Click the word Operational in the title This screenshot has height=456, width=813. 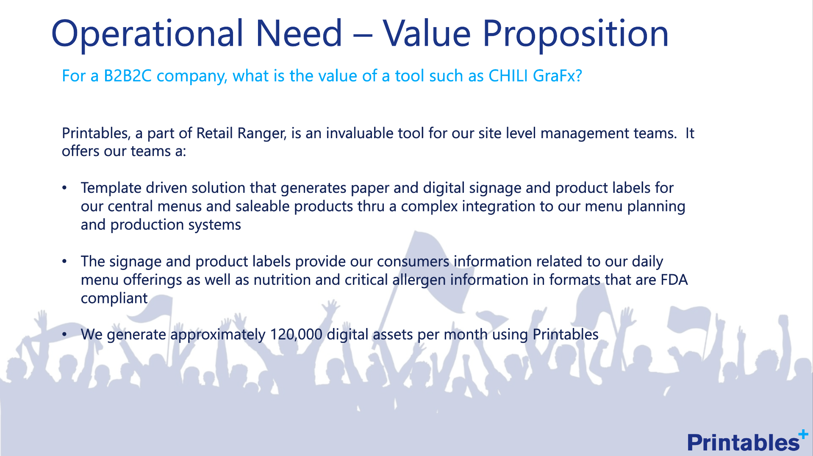(x=148, y=33)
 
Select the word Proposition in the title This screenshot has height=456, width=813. (x=576, y=33)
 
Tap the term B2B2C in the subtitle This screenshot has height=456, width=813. (x=128, y=76)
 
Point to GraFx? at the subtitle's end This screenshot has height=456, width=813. (x=558, y=76)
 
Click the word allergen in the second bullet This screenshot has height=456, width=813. (x=419, y=280)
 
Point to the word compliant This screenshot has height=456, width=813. (x=114, y=299)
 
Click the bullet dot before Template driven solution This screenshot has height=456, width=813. (x=64, y=188)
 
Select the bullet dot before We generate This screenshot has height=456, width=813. (x=64, y=334)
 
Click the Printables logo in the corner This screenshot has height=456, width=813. (x=747, y=441)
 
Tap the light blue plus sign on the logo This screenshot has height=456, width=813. (x=803, y=434)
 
